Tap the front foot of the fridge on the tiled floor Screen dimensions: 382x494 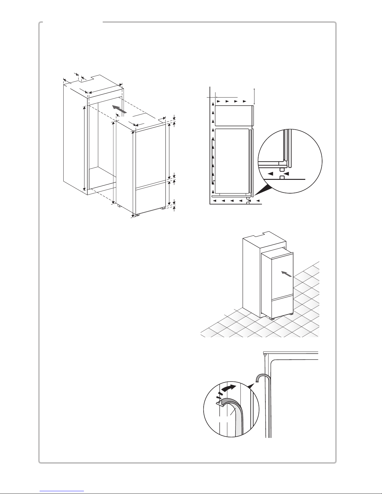[273, 318]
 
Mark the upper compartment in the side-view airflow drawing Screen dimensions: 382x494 [233, 115]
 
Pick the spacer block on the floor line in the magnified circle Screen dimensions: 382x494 [282, 177]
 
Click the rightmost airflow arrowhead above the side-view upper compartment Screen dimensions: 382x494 [245, 102]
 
